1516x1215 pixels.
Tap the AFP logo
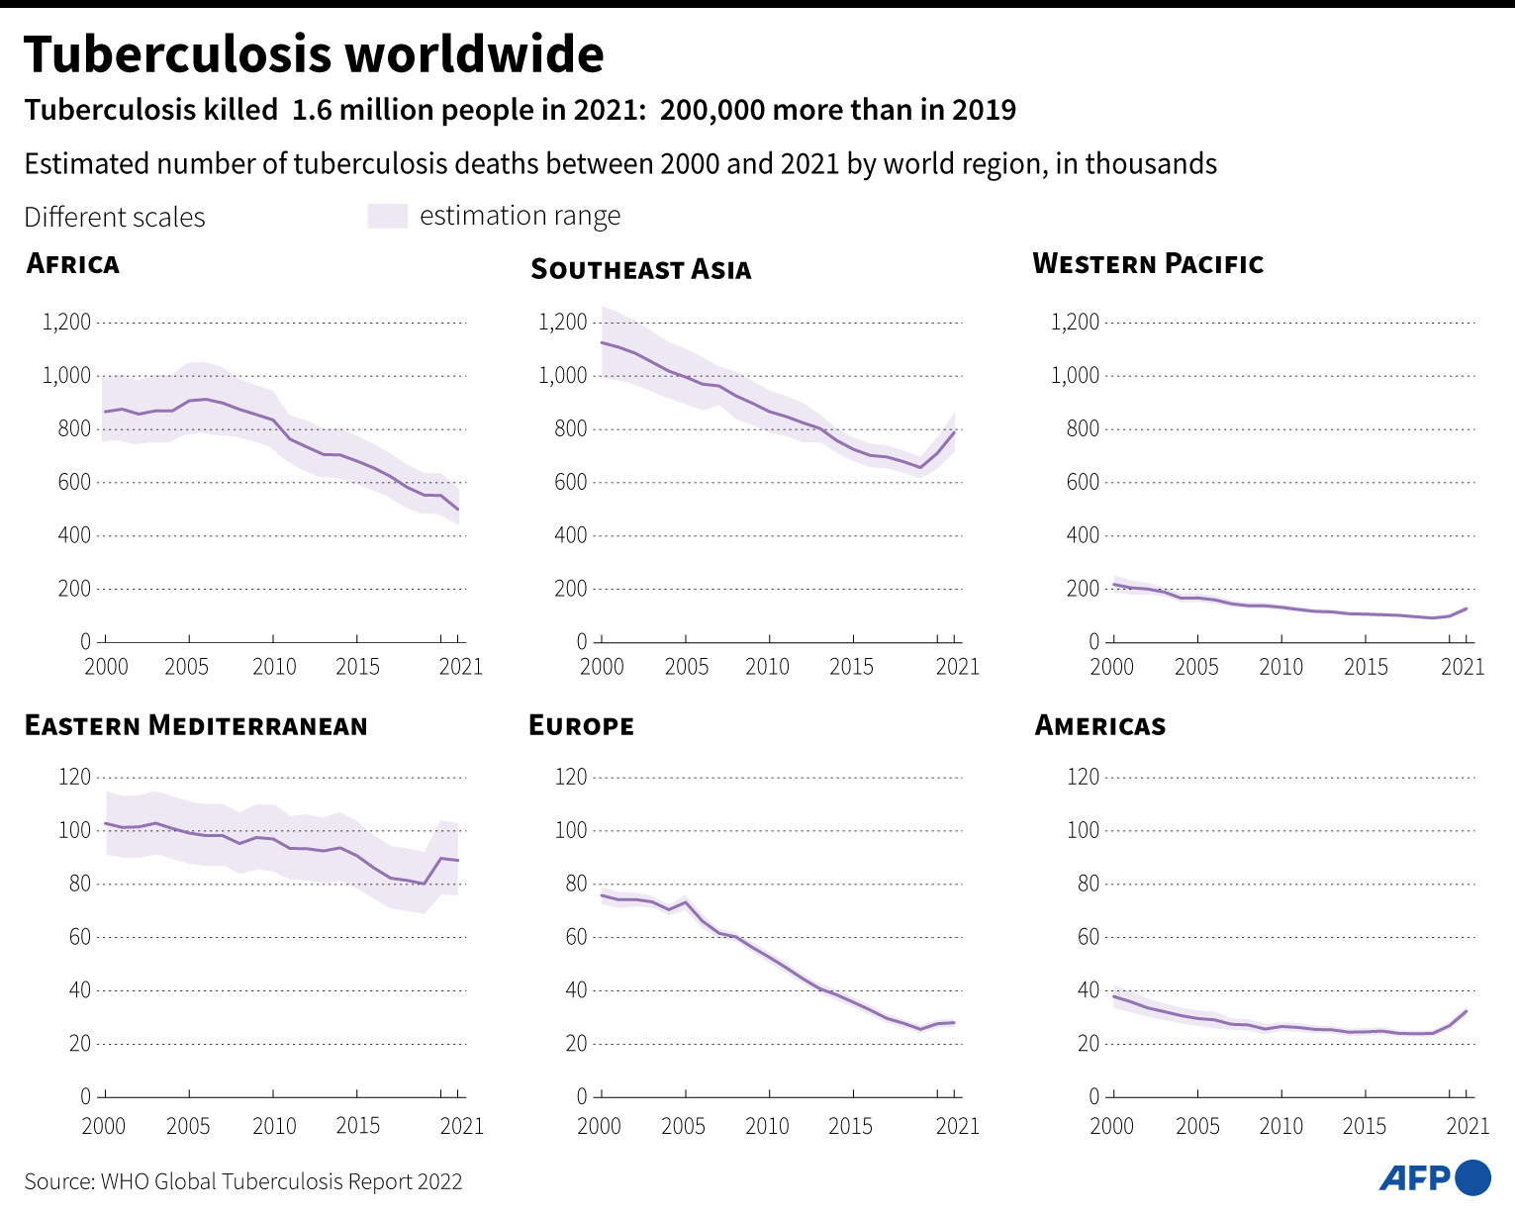point(1435,1177)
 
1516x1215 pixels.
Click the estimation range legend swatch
point(387,216)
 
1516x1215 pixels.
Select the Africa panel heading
point(73,264)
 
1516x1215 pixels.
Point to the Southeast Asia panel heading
point(640,269)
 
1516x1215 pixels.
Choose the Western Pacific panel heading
point(1148,264)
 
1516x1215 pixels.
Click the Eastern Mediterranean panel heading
point(196,726)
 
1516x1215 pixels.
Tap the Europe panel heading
point(581,726)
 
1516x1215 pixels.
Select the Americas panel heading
point(1100,726)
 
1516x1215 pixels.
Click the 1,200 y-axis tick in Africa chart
point(66,322)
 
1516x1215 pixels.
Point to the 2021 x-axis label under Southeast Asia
point(957,667)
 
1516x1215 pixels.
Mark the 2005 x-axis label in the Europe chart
point(683,1126)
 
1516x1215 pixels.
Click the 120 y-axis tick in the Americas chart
point(1084,777)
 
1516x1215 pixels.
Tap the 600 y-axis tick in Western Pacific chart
point(1083,482)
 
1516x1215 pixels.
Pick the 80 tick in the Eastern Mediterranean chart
point(80,884)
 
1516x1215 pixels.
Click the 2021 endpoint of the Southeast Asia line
point(955,430)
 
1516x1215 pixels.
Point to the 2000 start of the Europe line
point(602,895)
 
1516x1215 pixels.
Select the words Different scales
point(115,218)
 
